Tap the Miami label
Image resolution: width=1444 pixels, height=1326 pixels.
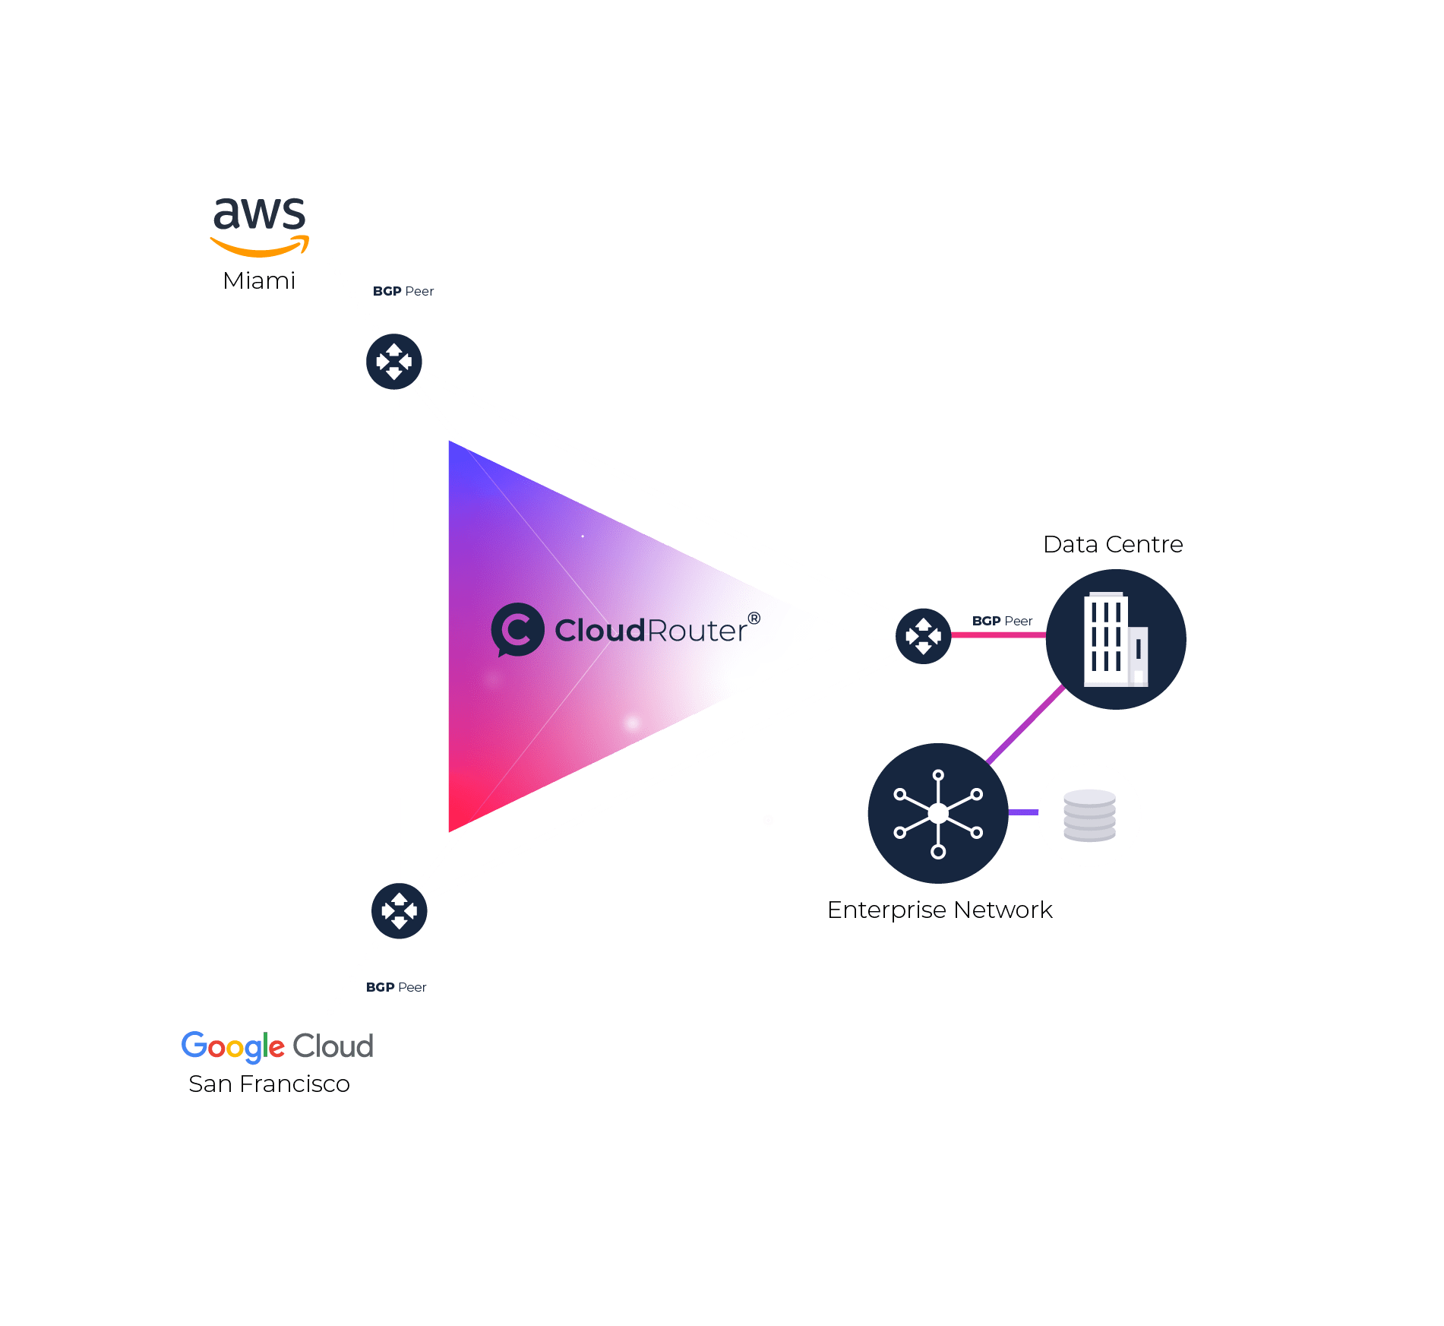tap(259, 281)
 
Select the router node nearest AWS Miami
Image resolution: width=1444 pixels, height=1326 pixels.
tap(394, 362)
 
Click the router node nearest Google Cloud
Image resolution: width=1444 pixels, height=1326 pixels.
tap(400, 910)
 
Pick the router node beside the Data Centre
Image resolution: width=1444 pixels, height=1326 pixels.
tap(923, 636)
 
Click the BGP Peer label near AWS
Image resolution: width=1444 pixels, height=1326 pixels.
tap(403, 292)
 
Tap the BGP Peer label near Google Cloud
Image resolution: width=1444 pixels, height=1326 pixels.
tap(397, 987)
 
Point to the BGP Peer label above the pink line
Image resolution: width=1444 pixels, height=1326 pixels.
tap(1002, 621)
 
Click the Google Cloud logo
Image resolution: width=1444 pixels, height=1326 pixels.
tap(277, 1046)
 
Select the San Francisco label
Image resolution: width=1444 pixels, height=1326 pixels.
tap(269, 1084)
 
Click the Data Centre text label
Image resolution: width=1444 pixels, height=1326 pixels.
tap(1113, 545)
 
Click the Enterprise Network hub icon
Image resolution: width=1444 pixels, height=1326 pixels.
tap(938, 813)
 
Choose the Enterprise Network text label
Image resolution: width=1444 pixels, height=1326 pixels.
tap(940, 910)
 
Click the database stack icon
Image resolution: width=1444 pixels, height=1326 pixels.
tap(1089, 815)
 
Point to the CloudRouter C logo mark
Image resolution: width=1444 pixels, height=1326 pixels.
tap(517, 630)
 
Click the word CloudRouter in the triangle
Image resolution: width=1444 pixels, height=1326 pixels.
tap(651, 631)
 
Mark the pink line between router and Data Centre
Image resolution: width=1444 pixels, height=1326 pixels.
tap(998, 635)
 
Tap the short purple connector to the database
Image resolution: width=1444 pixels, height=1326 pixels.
tap(1023, 813)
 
